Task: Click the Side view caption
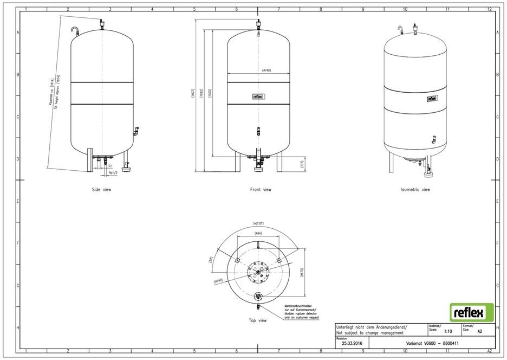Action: tap(102, 190)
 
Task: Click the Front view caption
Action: tap(261, 190)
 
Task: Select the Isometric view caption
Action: tap(415, 190)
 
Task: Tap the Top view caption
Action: tap(257, 320)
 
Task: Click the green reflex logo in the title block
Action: tap(472, 313)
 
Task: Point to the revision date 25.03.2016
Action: tap(351, 344)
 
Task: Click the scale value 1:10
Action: tap(448, 331)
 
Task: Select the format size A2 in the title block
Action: tap(479, 331)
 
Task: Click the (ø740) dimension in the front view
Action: tap(266, 70)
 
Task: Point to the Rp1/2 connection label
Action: tap(113, 173)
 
